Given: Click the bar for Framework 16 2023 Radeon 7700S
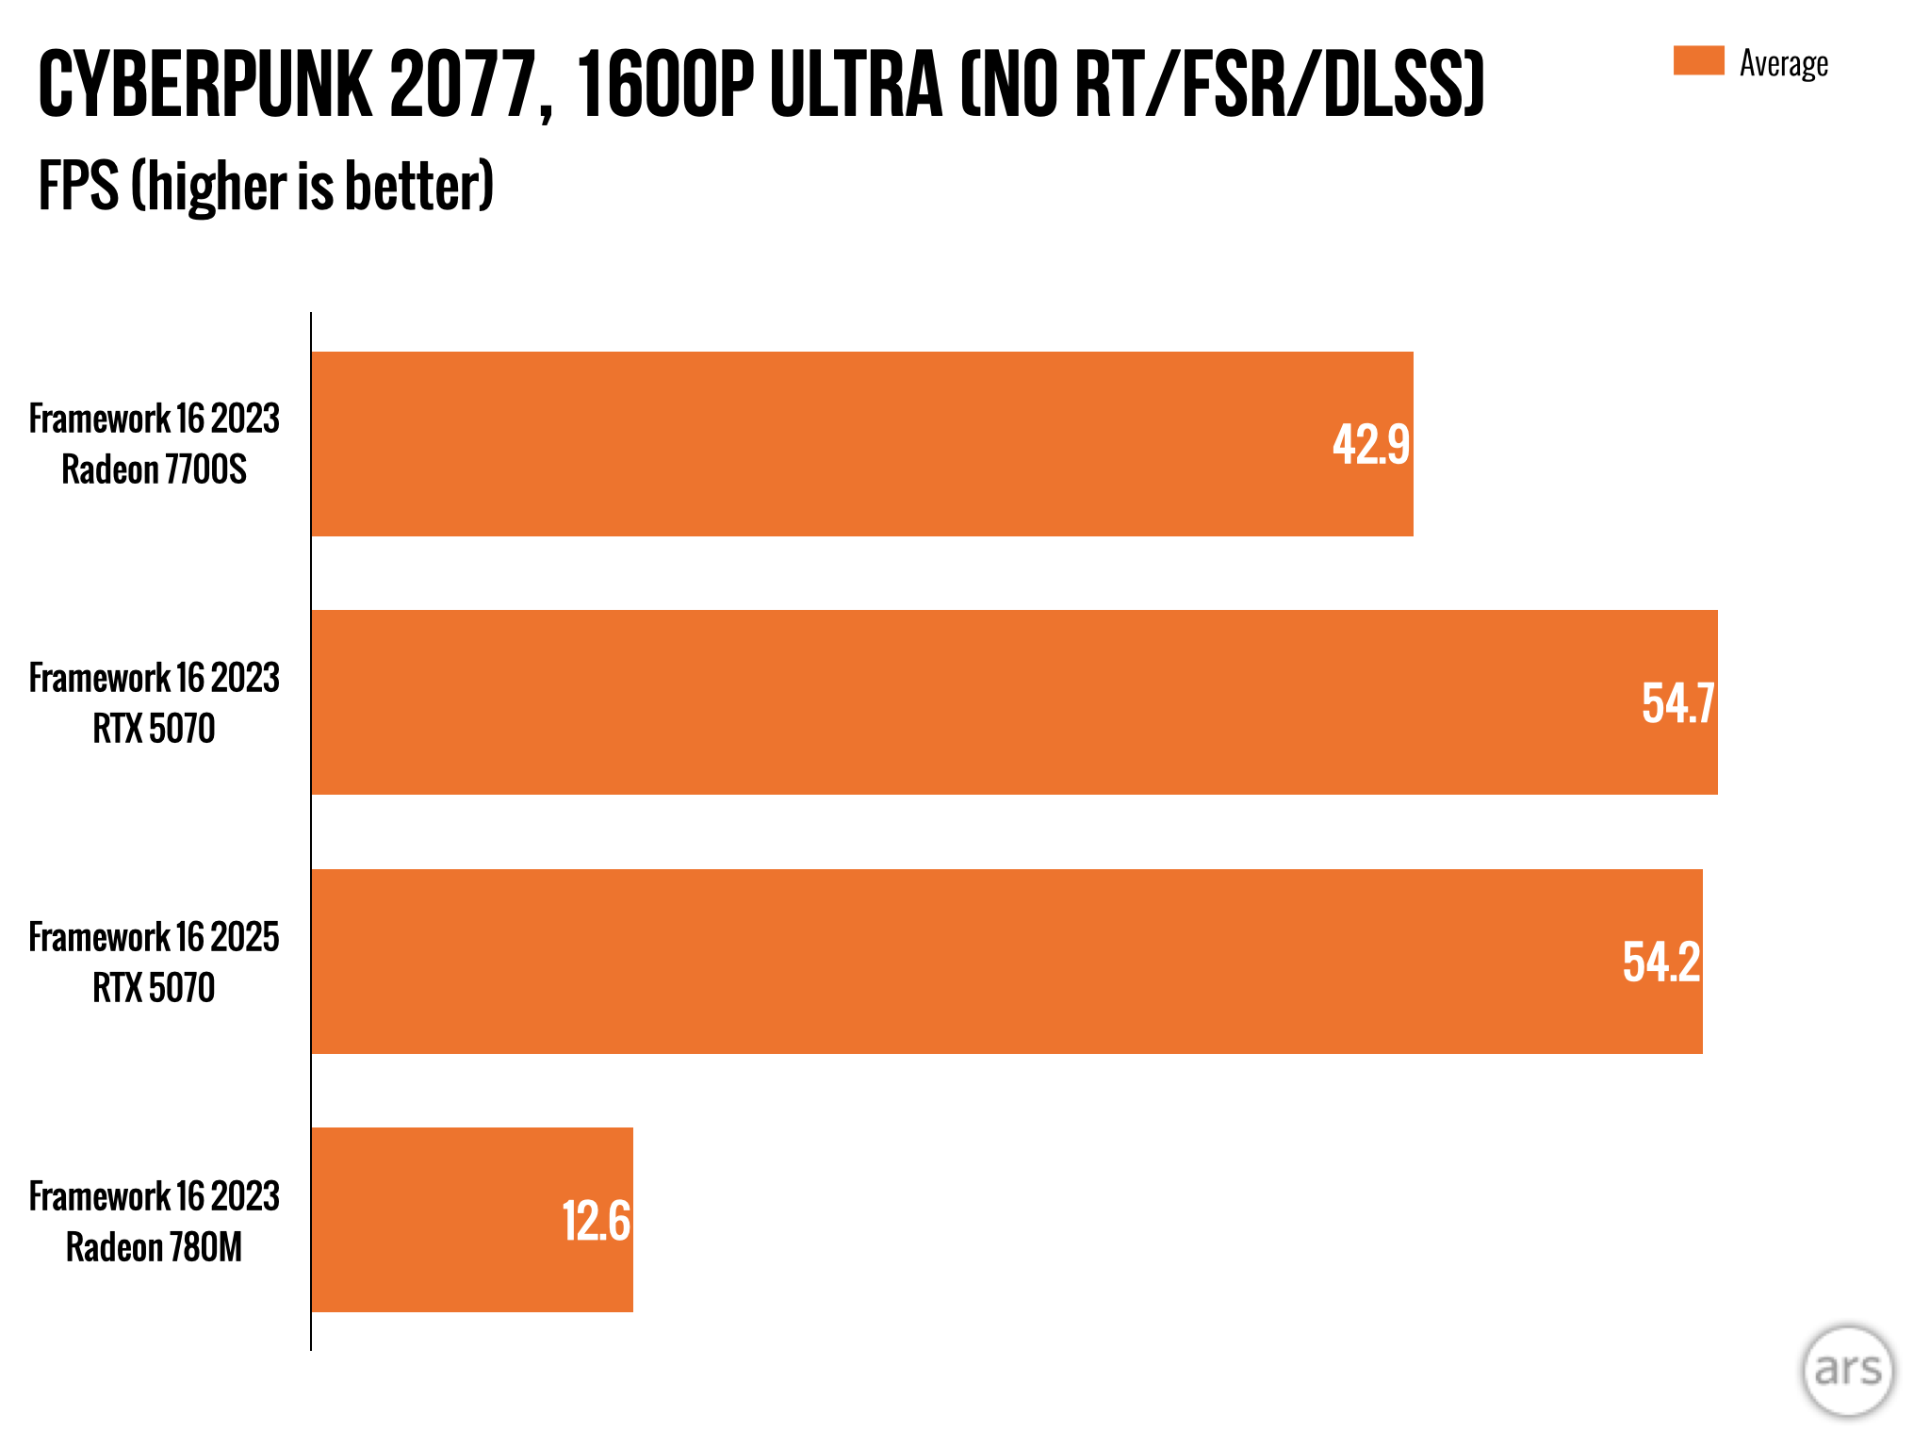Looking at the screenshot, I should click(x=862, y=444).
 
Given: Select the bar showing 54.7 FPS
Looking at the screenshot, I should click(x=1014, y=702).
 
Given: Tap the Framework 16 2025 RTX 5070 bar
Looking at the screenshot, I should click(x=1006, y=962).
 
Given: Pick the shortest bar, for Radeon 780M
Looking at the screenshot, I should click(x=471, y=1220).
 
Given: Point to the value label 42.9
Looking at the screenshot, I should click(x=1370, y=445).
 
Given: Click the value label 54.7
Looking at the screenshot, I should click(x=1677, y=703).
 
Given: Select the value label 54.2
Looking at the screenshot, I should click(x=1661, y=963).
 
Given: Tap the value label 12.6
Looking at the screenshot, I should click(x=596, y=1222).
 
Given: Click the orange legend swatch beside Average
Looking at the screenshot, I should click(x=1698, y=61).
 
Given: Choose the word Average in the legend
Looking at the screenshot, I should click(x=1784, y=64).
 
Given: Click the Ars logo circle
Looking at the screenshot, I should click(x=1847, y=1370).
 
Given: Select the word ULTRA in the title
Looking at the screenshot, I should click(x=856, y=86).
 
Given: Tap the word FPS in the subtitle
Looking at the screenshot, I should click(x=78, y=186).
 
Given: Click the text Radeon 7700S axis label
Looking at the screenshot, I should click(x=154, y=469).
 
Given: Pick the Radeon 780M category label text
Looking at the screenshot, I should click(x=154, y=1247).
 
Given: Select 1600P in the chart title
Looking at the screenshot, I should click(x=665, y=86).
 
